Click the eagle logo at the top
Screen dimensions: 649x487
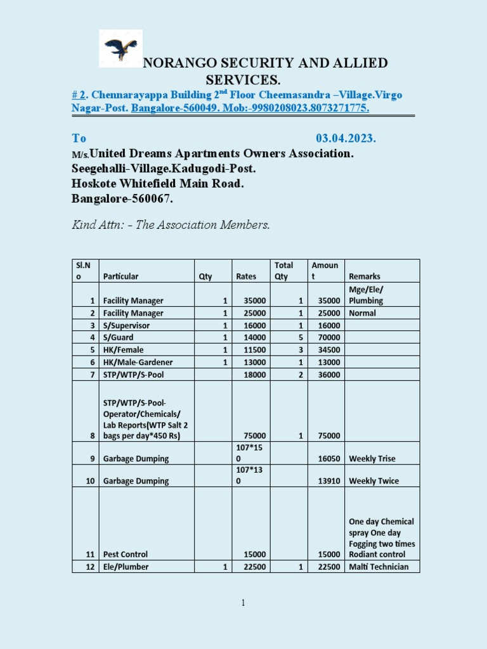click(x=120, y=48)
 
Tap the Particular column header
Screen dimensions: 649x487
click(x=120, y=276)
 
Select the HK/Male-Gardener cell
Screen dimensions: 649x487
click(x=138, y=363)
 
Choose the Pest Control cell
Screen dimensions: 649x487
click(x=126, y=555)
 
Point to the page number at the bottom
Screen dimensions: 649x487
click(x=243, y=603)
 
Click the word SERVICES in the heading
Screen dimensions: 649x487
click(x=243, y=80)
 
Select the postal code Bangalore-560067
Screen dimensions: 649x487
click(x=122, y=199)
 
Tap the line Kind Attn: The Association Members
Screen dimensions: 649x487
click(x=170, y=225)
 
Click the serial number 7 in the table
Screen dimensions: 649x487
click(x=93, y=375)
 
